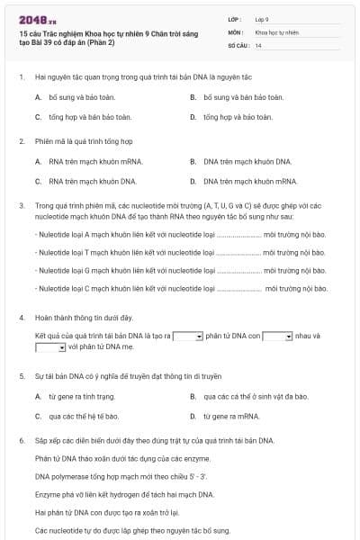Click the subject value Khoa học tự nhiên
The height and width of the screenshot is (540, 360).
click(x=275, y=31)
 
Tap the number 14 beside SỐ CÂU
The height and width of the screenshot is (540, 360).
click(x=259, y=45)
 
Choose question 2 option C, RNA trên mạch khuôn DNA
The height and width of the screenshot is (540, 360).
click(x=86, y=181)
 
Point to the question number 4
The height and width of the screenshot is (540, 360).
click(x=21, y=318)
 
